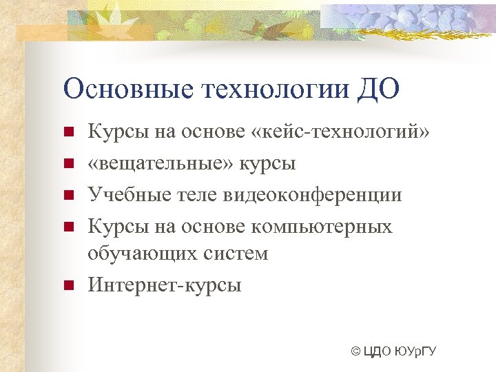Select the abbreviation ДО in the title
(378, 90)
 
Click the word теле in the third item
(195, 195)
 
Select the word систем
(236, 254)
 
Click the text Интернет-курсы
(165, 284)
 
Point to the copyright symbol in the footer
(355, 353)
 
